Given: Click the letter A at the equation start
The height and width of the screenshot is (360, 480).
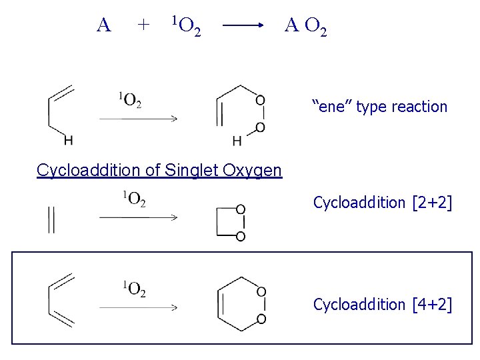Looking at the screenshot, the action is pos(103,25).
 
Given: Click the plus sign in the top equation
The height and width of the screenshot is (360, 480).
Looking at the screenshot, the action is pos(141,25).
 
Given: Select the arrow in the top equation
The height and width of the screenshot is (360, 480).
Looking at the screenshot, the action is pos(243,27).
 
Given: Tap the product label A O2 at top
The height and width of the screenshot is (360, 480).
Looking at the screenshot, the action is pos(305,27).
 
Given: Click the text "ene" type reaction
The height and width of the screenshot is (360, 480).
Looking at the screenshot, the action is pos(380,107).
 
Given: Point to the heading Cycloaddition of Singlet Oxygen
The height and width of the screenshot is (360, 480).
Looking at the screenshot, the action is pos(159,171).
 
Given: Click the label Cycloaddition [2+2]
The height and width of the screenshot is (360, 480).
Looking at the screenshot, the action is pos(383,202).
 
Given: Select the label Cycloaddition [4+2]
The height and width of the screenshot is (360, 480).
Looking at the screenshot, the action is pos(383,305).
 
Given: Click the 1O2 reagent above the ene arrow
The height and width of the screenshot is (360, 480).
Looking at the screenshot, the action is pos(131,101).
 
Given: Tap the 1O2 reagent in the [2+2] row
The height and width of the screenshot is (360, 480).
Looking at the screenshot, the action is pos(133,198).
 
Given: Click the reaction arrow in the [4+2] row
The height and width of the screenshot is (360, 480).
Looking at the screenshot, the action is pos(138,307).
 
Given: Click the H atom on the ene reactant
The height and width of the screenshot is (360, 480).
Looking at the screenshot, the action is pos(68,141).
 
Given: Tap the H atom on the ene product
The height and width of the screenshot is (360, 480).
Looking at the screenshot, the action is pos(237,141).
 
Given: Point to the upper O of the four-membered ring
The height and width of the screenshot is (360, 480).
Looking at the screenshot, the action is pos(241,209).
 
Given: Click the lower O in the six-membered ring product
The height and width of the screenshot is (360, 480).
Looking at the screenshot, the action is pos(261,319).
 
